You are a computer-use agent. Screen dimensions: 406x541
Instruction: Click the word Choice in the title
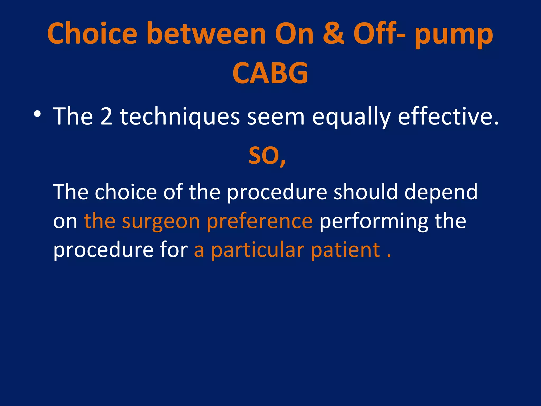click(x=92, y=34)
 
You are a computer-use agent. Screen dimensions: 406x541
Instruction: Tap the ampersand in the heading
click(x=333, y=34)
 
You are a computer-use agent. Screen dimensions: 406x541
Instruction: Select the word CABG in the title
click(x=270, y=73)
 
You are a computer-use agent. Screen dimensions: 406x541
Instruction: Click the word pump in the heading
click(x=453, y=36)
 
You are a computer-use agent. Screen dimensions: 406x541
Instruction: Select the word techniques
click(x=180, y=117)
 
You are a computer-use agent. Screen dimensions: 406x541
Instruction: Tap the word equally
click(x=351, y=117)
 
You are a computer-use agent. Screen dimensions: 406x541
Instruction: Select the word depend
click(x=441, y=192)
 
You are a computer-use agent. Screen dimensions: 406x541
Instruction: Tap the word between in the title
click(x=206, y=34)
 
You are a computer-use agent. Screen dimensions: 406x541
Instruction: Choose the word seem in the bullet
click(x=276, y=117)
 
